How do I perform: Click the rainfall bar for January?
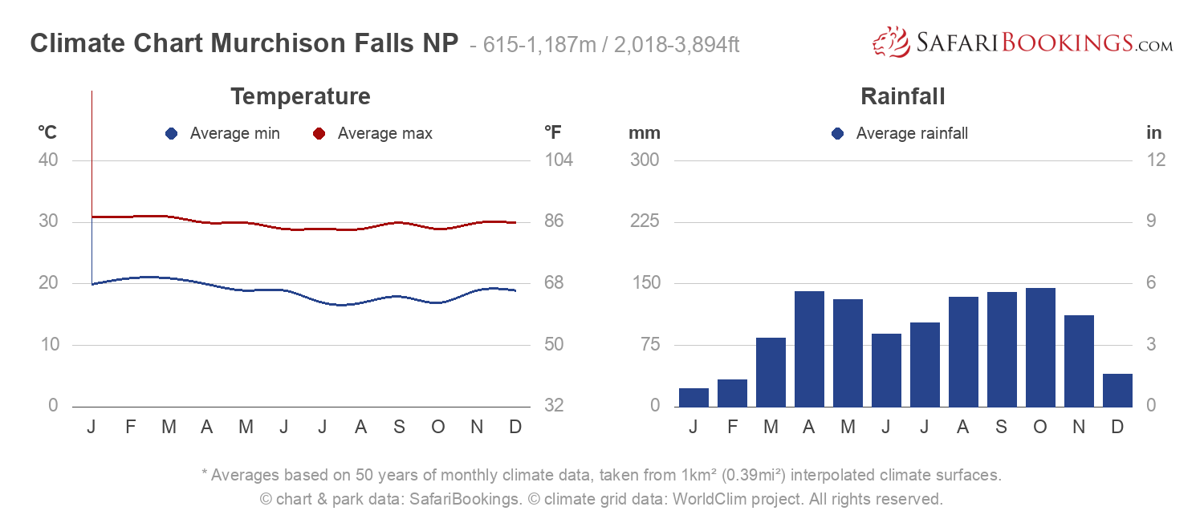coord(694,397)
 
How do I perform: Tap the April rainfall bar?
coord(809,349)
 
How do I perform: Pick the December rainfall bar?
coord(1117,390)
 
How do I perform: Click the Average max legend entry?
coord(373,134)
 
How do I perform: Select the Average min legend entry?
coord(223,134)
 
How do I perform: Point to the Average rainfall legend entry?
coord(901,134)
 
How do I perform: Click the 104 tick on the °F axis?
coord(559,160)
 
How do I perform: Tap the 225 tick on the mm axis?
coord(645,221)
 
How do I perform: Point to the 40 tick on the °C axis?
coord(48,160)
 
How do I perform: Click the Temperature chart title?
coord(300,97)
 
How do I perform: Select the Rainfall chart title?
coord(902,97)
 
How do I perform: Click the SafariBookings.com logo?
coord(1023,43)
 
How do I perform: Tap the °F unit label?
coord(552,133)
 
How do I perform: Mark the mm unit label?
coord(644,133)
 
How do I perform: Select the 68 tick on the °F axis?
coord(559,283)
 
